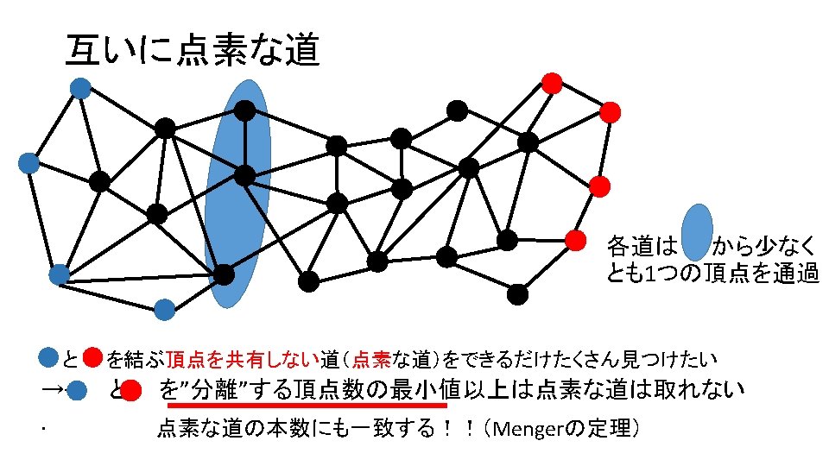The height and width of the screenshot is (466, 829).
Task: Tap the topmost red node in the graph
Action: pos(551,83)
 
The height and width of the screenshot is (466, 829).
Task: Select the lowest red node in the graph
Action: pos(575,239)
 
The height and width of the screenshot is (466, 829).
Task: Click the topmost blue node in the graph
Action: pos(80,87)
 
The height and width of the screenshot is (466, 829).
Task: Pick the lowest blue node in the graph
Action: pos(164,309)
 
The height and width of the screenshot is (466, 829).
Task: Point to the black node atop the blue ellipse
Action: pos(245,110)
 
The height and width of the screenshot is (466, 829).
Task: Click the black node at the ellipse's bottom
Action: pos(224,274)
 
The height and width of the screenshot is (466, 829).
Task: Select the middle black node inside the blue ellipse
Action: pos(245,176)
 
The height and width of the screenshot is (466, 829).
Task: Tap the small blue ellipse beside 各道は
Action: pos(697,233)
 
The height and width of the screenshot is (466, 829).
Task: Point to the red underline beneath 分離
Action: pos(307,404)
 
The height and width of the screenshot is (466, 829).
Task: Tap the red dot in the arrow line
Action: pos(131,392)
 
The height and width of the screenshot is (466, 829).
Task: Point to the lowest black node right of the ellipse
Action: pos(517,294)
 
